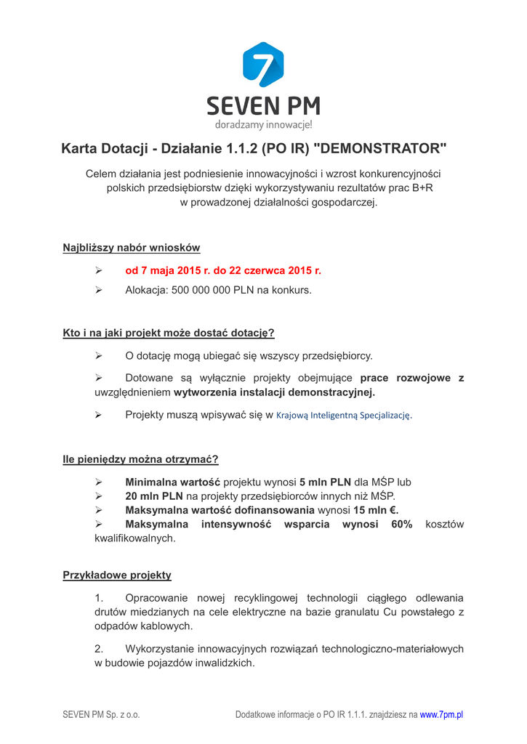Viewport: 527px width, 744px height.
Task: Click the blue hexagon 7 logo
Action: tap(263, 65)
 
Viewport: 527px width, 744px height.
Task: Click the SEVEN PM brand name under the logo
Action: tap(263, 106)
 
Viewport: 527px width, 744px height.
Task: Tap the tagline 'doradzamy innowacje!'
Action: tap(263, 125)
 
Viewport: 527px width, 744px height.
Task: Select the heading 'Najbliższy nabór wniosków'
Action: tap(132, 248)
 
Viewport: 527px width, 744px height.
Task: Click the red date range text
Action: tap(223, 271)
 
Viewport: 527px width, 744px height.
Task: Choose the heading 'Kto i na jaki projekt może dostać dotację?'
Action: tap(169, 333)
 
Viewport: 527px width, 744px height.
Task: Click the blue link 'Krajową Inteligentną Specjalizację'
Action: tap(344, 416)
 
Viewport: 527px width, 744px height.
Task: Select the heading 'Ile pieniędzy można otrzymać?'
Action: tap(141, 459)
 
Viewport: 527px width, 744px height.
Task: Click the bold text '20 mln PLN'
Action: tap(153, 496)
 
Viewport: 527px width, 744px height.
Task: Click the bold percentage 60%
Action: tap(401, 525)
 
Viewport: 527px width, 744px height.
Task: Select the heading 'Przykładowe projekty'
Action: tap(117, 575)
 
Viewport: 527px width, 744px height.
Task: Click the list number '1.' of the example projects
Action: tap(100, 598)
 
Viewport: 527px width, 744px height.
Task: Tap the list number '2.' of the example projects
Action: tap(100, 649)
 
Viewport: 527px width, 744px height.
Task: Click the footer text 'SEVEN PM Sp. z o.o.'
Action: tap(101, 714)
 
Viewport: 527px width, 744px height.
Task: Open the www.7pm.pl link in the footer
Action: tap(442, 714)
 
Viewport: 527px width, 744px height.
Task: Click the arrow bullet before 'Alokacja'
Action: tap(100, 290)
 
